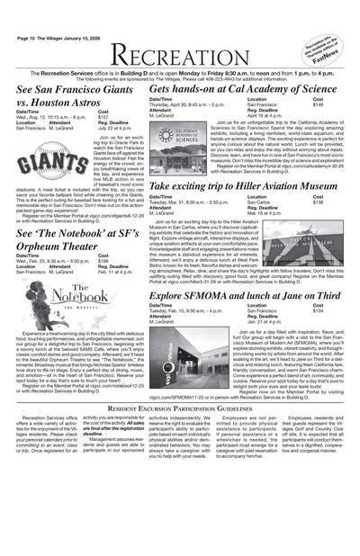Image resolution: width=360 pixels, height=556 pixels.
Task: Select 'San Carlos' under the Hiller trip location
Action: coord(260,202)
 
